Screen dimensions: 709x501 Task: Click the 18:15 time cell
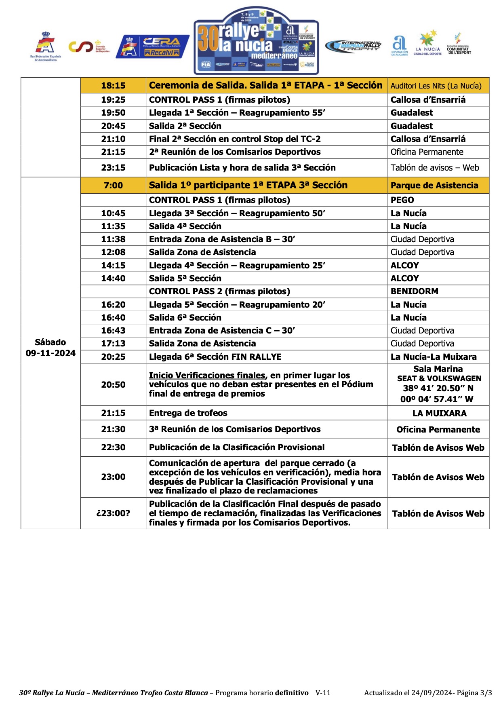[x=113, y=85]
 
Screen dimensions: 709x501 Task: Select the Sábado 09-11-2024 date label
[x=51, y=348]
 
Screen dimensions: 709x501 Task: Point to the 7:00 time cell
[x=113, y=186]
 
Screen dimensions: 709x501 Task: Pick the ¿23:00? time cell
[x=113, y=513]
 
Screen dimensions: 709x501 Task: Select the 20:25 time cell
[x=113, y=357]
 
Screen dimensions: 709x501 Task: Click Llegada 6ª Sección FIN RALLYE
[x=215, y=357]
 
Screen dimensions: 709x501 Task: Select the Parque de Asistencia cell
[x=434, y=186]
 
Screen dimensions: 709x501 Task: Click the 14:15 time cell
[x=113, y=266]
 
